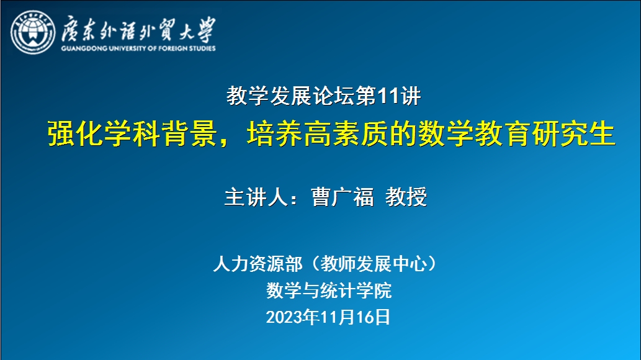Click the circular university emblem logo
33,32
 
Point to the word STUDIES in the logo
202,48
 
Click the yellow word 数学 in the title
446,133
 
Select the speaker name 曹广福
343,197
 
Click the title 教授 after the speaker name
406,197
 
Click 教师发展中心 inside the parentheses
374,264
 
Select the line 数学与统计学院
329,290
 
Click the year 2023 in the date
284,317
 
